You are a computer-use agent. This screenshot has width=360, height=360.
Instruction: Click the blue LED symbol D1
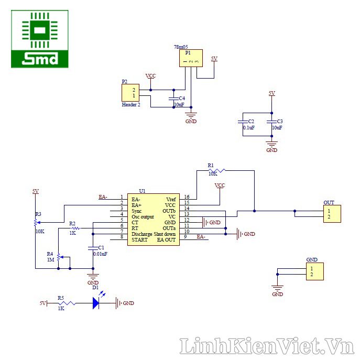96,302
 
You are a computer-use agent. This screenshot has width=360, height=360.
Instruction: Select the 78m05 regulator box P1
191,58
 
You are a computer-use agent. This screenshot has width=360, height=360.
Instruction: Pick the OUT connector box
332,214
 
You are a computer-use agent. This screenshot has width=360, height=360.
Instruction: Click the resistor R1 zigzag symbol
216,170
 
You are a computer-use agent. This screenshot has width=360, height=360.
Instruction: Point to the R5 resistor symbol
68,303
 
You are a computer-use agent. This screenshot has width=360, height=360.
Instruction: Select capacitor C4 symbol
173,99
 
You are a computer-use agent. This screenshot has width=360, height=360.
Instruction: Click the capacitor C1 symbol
93,247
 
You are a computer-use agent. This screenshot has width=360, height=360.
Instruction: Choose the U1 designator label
142,191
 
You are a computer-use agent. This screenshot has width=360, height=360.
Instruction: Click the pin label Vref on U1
170,200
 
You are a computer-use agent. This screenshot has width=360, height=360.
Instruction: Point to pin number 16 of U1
187,198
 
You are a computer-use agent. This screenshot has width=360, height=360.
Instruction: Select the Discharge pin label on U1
142,234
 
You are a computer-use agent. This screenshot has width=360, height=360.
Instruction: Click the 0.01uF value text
100,254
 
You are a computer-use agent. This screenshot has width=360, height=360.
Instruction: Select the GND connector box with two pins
315,271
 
